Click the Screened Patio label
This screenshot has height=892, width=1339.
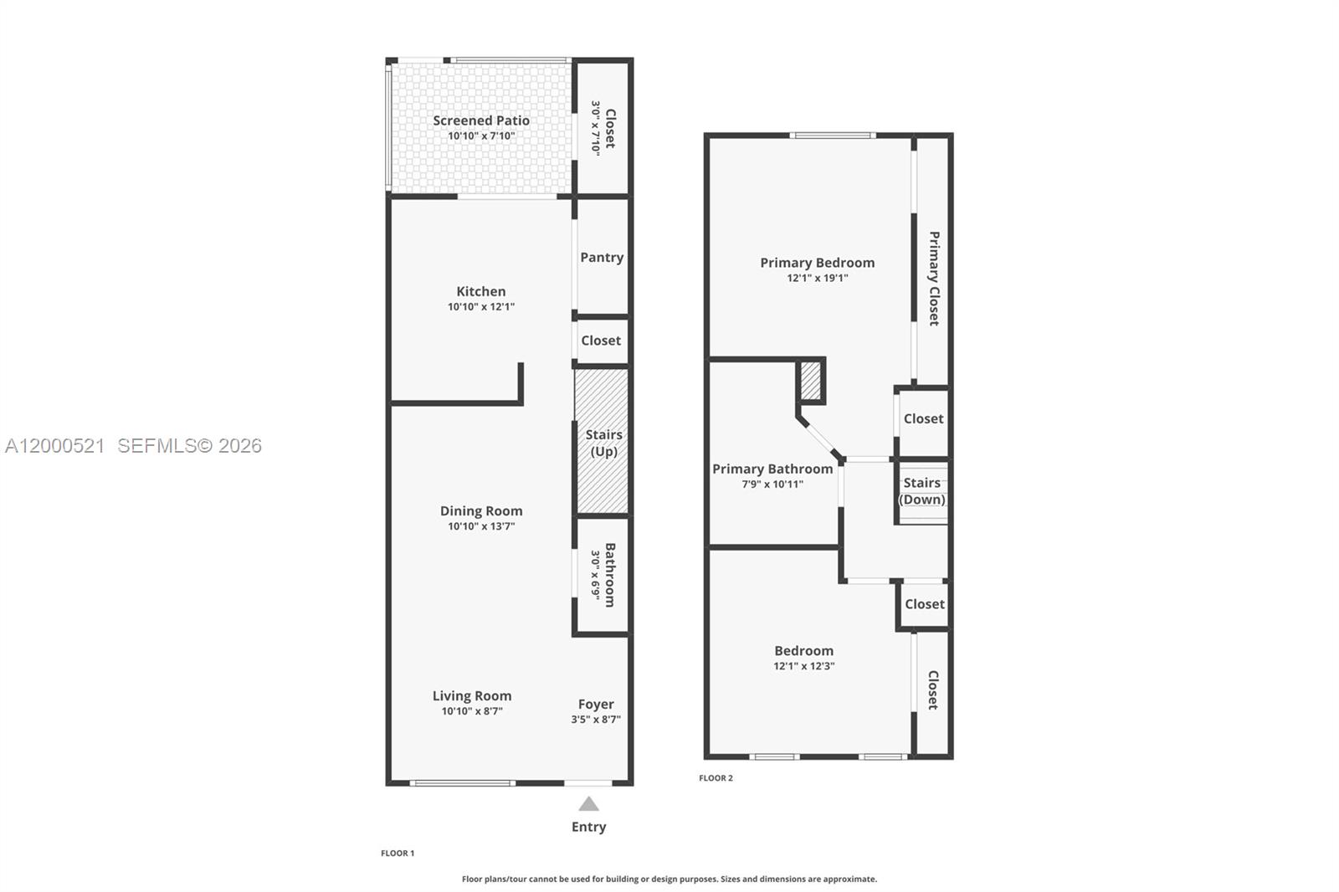tap(480, 120)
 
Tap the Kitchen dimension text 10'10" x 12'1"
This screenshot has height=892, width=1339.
tap(480, 307)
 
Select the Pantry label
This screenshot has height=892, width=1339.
tap(602, 258)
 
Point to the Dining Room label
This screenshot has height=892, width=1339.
tap(481, 510)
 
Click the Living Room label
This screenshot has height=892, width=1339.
tap(471, 695)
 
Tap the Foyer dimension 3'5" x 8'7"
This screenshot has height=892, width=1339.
tap(596, 720)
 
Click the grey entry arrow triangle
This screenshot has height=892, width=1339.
tap(588, 804)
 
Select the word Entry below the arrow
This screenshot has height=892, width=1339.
tap(588, 827)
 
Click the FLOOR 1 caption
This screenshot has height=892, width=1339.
tap(398, 854)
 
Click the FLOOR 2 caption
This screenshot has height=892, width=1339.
tap(716, 778)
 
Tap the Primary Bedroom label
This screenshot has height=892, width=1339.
tap(817, 263)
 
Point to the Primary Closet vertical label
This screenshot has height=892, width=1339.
tap(934, 278)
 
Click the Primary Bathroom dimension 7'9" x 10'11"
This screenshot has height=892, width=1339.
tap(772, 484)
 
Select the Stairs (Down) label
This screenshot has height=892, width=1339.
tap(922, 491)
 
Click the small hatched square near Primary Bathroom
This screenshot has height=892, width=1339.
tap(811, 381)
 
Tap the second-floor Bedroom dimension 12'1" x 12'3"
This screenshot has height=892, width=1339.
tap(803, 666)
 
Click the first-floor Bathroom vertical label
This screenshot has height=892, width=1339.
tap(609, 575)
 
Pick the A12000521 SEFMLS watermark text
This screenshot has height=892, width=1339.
tap(134, 446)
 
